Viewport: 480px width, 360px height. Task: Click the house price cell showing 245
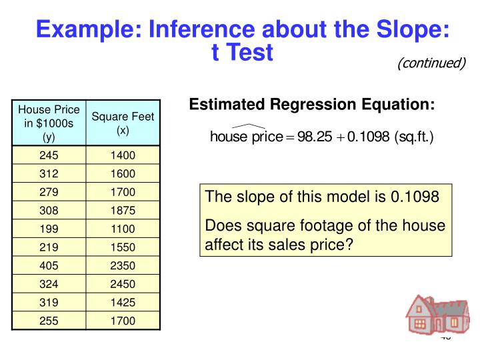click(49, 156)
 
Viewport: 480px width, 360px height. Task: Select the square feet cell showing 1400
click(123, 156)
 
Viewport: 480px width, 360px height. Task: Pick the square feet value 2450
click(123, 284)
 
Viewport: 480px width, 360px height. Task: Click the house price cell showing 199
click(49, 229)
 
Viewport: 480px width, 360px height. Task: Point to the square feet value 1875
click(123, 211)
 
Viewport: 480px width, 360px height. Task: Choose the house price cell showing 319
click(49, 303)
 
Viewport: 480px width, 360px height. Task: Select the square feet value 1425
click(123, 303)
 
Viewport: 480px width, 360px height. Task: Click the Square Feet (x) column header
click(123, 123)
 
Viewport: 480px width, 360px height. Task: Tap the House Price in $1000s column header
click(49, 123)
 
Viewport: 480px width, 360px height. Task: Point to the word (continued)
click(431, 63)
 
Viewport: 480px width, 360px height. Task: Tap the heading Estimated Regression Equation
click(312, 105)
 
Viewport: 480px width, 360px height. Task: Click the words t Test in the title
click(242, 52)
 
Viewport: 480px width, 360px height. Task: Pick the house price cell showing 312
click(49, 174)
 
